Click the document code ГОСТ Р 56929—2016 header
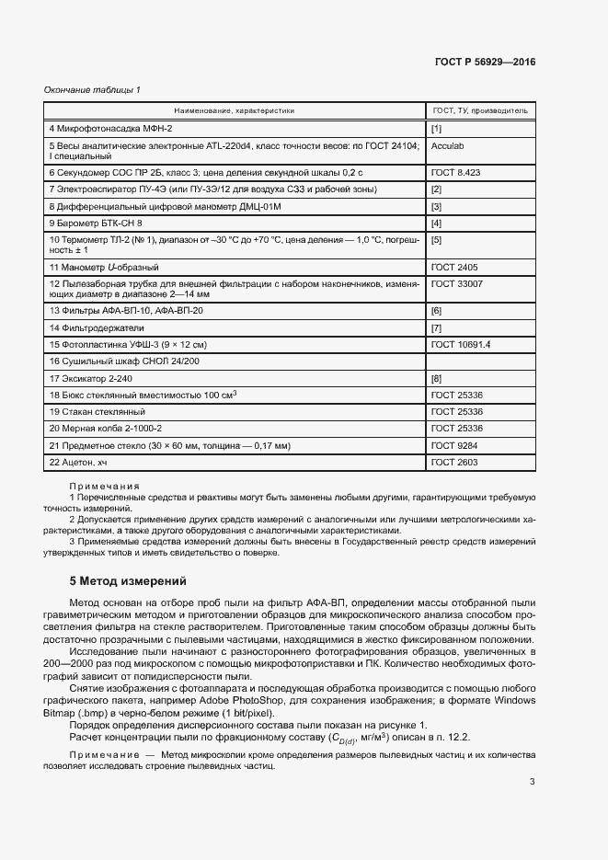(484, 62)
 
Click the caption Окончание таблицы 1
(92, 89)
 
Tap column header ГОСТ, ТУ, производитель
(479, 110)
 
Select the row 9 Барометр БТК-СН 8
(97, 223)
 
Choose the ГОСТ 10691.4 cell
(461, 344)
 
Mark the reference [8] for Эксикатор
(437, 378)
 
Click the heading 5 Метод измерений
(129, 581)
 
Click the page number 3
(532, 782)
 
